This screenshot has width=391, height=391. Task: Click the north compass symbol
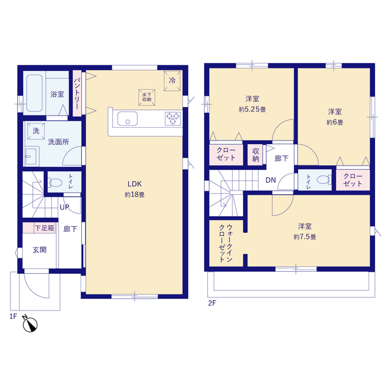click(x=30, y=324)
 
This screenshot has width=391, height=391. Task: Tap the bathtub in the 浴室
click(x=34, y=93)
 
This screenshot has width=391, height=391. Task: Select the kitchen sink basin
click(x=128, y=119)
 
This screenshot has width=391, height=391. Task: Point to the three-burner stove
click(x=173, y=119)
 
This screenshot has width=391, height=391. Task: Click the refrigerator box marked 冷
click(x=172, y=81)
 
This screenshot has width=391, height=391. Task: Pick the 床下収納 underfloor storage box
click(x=147, y=97)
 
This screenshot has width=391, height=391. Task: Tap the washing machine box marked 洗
click(x=36, y=131)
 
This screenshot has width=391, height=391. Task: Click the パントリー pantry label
click(x=77, y=93)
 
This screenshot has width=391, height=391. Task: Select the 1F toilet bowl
click(x=56, y=183)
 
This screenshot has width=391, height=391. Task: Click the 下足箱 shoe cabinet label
click(x=45, y=228)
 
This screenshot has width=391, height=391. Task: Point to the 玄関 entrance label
click(x=40, y=250)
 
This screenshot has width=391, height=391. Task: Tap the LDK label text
click(x=134, y=184)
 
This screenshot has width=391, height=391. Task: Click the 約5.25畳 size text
click(x=252, y=109)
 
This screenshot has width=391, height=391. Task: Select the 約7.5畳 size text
click(x=305, y=236)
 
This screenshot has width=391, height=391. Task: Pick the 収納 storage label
click(x=256, y=155)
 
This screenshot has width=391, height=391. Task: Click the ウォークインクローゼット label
click(x=226, y=243)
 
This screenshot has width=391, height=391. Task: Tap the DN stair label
click(x=271, y=180)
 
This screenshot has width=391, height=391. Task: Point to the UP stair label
click(x=65, y=207)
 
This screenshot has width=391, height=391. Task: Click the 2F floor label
click(x=212, y=303)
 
